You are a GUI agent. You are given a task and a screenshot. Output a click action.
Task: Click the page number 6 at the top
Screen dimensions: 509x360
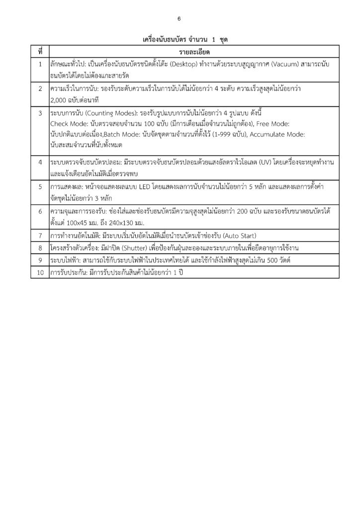(180, 19)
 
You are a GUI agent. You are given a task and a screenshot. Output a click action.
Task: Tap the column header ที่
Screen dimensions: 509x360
(40, 52)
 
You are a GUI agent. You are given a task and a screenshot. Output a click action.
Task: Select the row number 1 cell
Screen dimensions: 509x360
(40, 65)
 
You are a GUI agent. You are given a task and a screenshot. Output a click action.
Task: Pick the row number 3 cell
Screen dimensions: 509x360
(40, 114)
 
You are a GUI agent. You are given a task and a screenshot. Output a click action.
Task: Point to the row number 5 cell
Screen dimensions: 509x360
(40, 186)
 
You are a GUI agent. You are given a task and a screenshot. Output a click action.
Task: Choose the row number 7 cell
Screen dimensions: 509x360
(40, 235)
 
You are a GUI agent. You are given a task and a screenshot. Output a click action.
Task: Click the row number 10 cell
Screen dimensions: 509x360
(40, 272)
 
